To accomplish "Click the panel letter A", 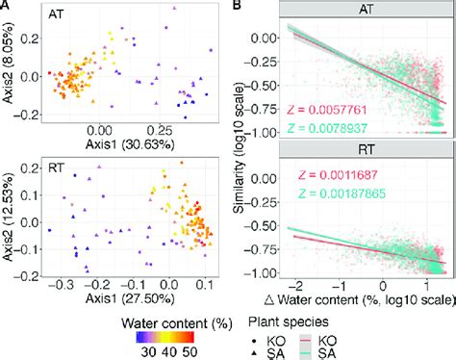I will (6, 7).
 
